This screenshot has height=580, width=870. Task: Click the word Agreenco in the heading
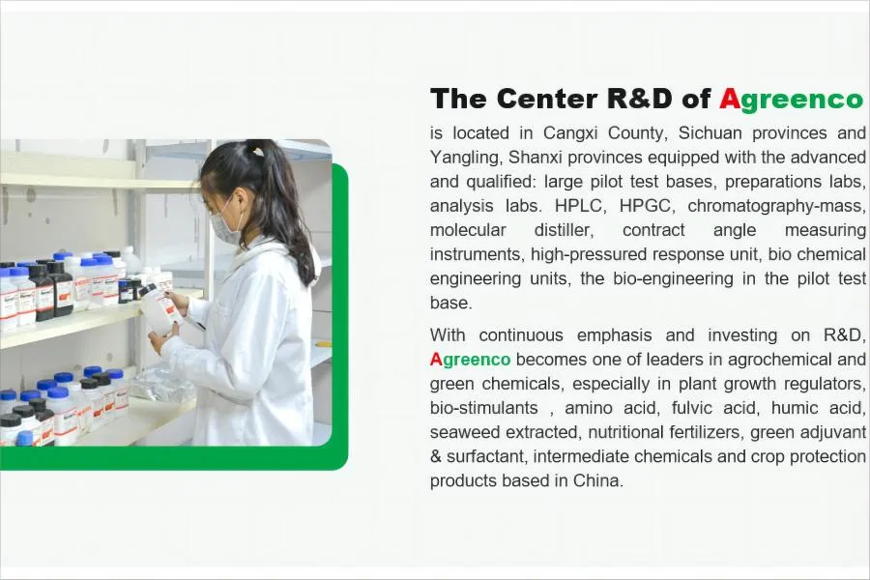click(x=791, y=100)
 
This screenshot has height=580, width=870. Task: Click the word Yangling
click(x=467, y=159)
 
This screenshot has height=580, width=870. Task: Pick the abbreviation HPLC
click(x=579, y=206)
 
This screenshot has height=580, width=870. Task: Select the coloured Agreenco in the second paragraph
click(x=470, y=360)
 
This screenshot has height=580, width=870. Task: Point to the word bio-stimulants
click(x=484, y=408)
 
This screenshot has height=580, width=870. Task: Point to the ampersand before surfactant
click(x=436, y=457)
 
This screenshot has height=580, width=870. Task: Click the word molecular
click(x=468, y=230)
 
